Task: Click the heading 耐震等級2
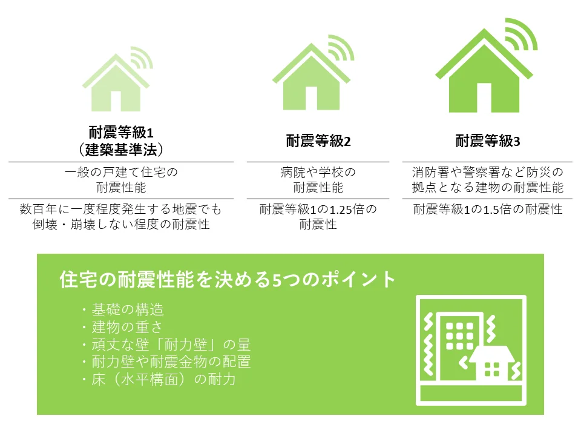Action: (x=318, y=141)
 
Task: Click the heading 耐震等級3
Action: (x=488, y=141)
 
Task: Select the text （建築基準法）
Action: (x=121, y=150)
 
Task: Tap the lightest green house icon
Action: (x=116, y=82)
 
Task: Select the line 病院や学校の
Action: (x=318, y=173)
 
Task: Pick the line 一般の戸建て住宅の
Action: (x=121, y=173)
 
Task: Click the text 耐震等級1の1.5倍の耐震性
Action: (x=488, y=210)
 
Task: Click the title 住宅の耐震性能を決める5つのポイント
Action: (x=228, y=279)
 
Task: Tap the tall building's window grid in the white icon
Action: (x=459, y=336)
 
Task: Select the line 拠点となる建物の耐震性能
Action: (x=488, y=187)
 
